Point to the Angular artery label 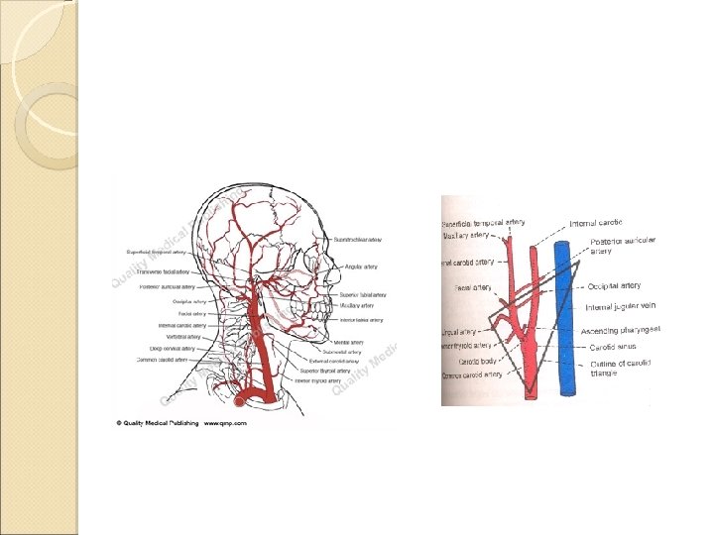(x=357, y=267)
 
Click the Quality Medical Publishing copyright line (x=160, y=422)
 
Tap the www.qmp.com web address (x=225, y=422)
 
